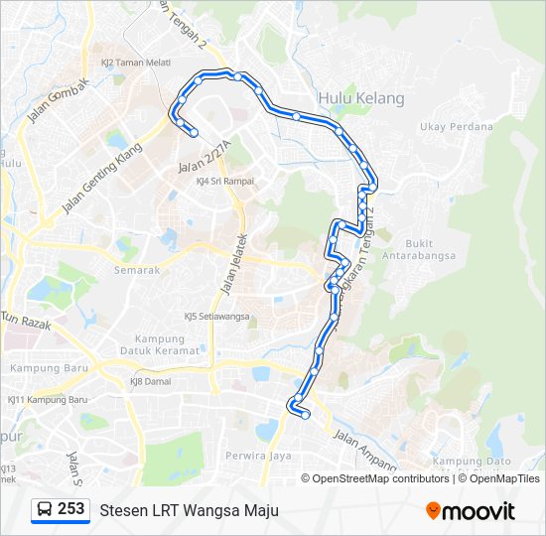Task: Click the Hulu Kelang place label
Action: pyautogui.click(x=361, y=98)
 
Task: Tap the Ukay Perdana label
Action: pyautogui.click(x=456, y=127)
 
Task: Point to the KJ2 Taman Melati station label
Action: pyautogui.click(x=129, y=62)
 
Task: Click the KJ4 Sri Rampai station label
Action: pyautogui.click(x=225, y=181)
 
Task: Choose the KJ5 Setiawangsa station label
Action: pyautogui.click(x=216, y=318)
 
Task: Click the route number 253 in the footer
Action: pyautogui.click(x=70, y=509)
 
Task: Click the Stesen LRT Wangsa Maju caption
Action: pyautogui.click(x=189, y=510)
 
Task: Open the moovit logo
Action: pyautogui.click(x=471, y=510)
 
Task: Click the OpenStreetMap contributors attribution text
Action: pyautogui.click(x=380, y=478)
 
